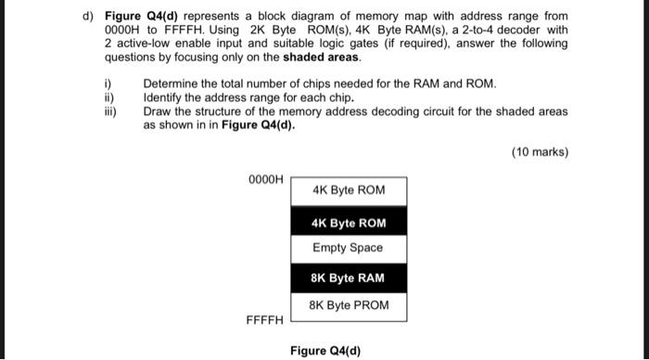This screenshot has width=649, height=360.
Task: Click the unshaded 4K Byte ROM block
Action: coord(349,191)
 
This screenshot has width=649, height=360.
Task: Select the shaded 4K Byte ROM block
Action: coord(349,223)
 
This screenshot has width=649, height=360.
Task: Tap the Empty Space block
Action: coord(349,248)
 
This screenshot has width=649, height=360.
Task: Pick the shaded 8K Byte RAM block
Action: coord(349,278)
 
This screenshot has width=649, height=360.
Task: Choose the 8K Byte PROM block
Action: coord(349,305)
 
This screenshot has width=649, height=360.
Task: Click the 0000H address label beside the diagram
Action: coord(266,178)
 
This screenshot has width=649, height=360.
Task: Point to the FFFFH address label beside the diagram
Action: coord(264,321)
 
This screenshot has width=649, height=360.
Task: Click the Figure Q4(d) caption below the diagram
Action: coord(324,351)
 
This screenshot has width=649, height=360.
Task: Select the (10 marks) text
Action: coord(539,152)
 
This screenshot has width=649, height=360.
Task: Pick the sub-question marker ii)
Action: coord(108,96)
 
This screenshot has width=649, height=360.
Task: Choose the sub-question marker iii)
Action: coord(109,110)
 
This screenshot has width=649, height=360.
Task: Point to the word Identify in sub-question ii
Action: coord(165,96)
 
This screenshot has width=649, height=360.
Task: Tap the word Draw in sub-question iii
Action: coord(158,110)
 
